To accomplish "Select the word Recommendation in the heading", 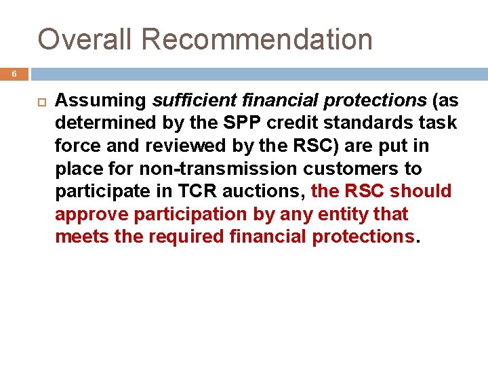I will click(257, 39).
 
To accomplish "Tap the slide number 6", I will click(14, 74).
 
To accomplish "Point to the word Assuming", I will click(101, 101).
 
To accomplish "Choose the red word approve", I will click(92, 214).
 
